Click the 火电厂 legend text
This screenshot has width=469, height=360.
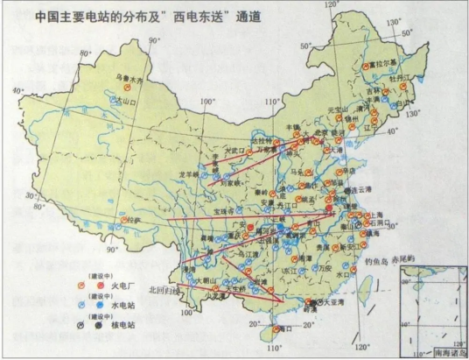pos(108,284)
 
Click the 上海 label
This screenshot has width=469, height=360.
pos(379,213)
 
